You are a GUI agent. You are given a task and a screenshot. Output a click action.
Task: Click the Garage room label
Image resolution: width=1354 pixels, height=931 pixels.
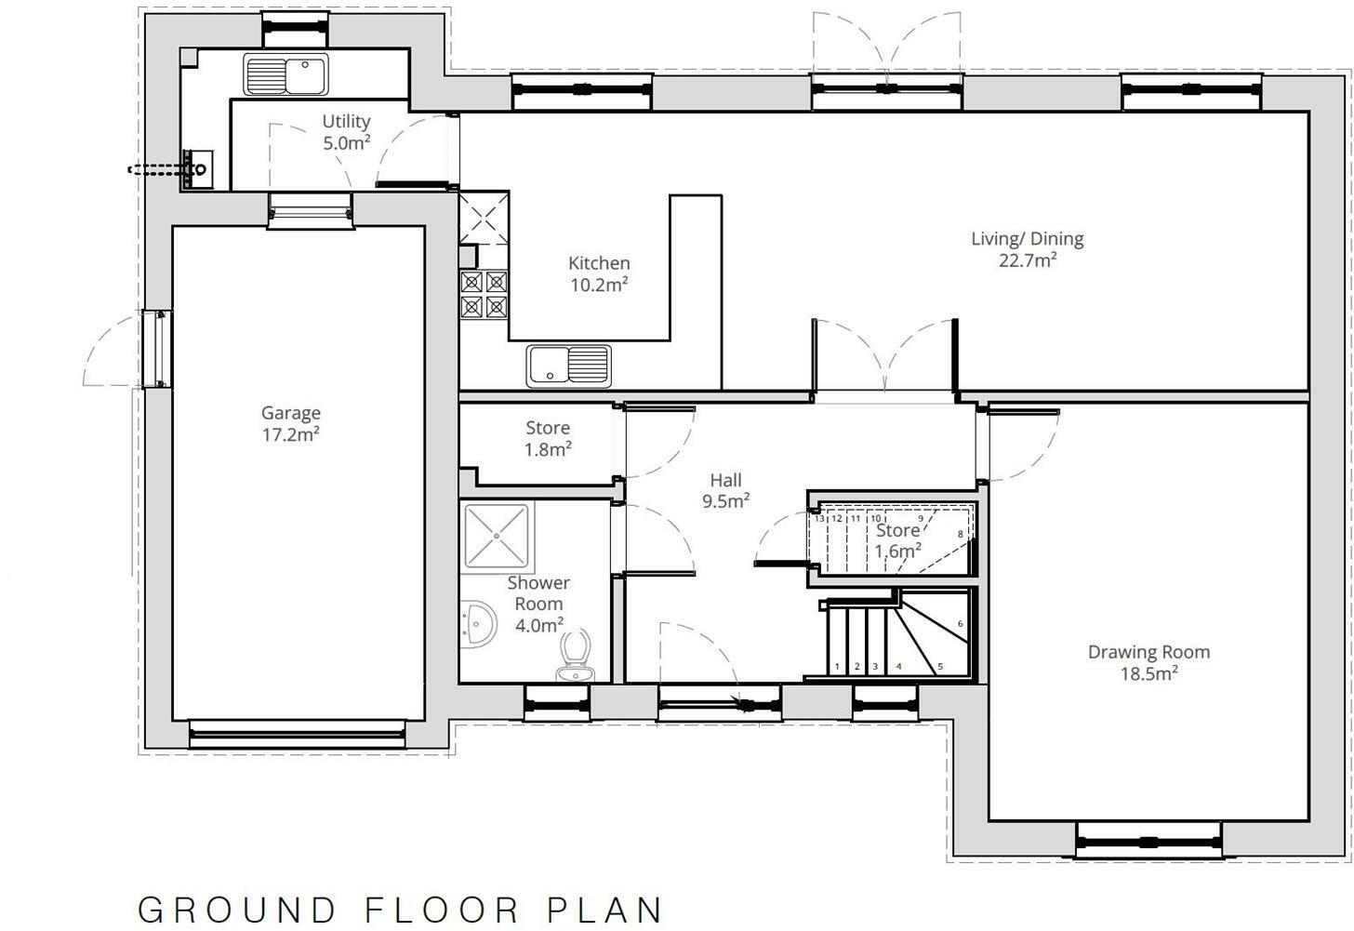tap(290, 423)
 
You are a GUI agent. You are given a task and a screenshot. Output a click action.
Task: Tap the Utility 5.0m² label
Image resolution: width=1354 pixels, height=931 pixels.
tap(346, 132)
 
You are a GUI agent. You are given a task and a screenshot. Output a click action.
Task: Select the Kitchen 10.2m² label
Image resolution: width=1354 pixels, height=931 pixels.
tap(599, 274)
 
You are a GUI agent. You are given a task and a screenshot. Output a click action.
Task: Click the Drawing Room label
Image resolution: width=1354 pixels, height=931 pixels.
tap(1148, 662)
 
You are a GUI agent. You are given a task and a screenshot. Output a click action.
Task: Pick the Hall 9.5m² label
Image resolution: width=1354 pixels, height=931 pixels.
tap(725, 490)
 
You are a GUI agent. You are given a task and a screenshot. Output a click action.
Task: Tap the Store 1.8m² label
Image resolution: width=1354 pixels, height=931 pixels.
tap(548, 438)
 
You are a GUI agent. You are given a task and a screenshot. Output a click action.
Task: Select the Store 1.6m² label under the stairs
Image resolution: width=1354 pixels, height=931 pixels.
tap(897, 539)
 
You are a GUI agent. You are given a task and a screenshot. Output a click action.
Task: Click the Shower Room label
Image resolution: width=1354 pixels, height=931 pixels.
tap(538, 604)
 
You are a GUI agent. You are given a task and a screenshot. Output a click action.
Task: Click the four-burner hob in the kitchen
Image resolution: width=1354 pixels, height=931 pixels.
tap(485, 294)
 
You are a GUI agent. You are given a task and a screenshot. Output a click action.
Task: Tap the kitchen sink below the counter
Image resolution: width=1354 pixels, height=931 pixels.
tap(568, 365)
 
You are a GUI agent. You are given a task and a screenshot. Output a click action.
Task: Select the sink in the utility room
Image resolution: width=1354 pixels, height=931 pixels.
tap(285, 74)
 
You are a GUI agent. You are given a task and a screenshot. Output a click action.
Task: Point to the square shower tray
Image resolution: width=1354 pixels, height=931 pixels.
tap(497, 536)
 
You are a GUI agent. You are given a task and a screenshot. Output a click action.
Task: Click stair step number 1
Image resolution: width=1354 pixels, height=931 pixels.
tap(837, 666)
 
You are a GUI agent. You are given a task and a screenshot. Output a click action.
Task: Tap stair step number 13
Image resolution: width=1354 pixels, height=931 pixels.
tap(819, 518)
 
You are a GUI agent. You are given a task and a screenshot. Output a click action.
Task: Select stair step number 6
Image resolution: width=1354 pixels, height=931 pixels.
tap(960, 624)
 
